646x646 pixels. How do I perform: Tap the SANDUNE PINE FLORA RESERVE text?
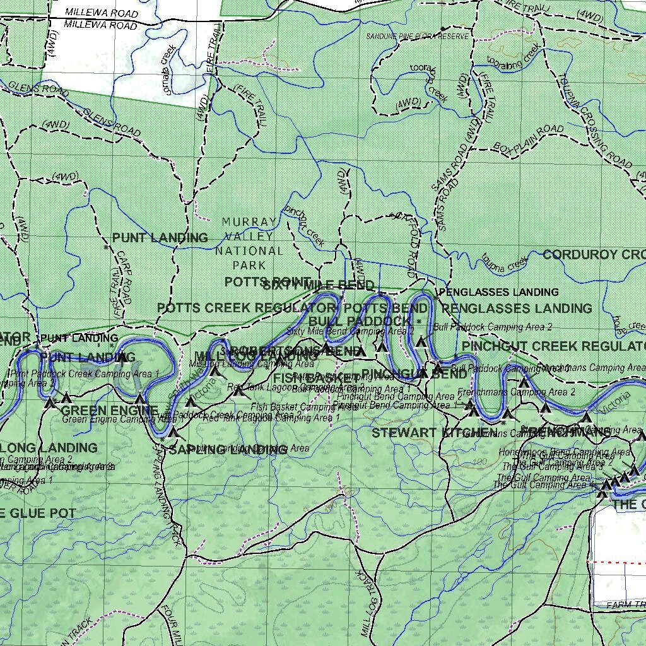coord(418,37)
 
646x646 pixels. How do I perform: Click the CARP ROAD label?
coord(123,278)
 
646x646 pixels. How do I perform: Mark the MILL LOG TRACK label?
coord(370,603)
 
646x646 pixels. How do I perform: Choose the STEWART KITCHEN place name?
coord(434,433)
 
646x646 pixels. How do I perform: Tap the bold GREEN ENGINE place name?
coord(110,410)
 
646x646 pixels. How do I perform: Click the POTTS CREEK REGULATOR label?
coord(246,308)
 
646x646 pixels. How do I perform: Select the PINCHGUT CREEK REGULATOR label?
coord(554,346)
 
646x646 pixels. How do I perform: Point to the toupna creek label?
coord(504,264)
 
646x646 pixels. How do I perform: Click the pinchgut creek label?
coord(305,226)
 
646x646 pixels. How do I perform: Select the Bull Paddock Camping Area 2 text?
coord(493,327)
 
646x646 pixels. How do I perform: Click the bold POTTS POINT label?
coord(267,282)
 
